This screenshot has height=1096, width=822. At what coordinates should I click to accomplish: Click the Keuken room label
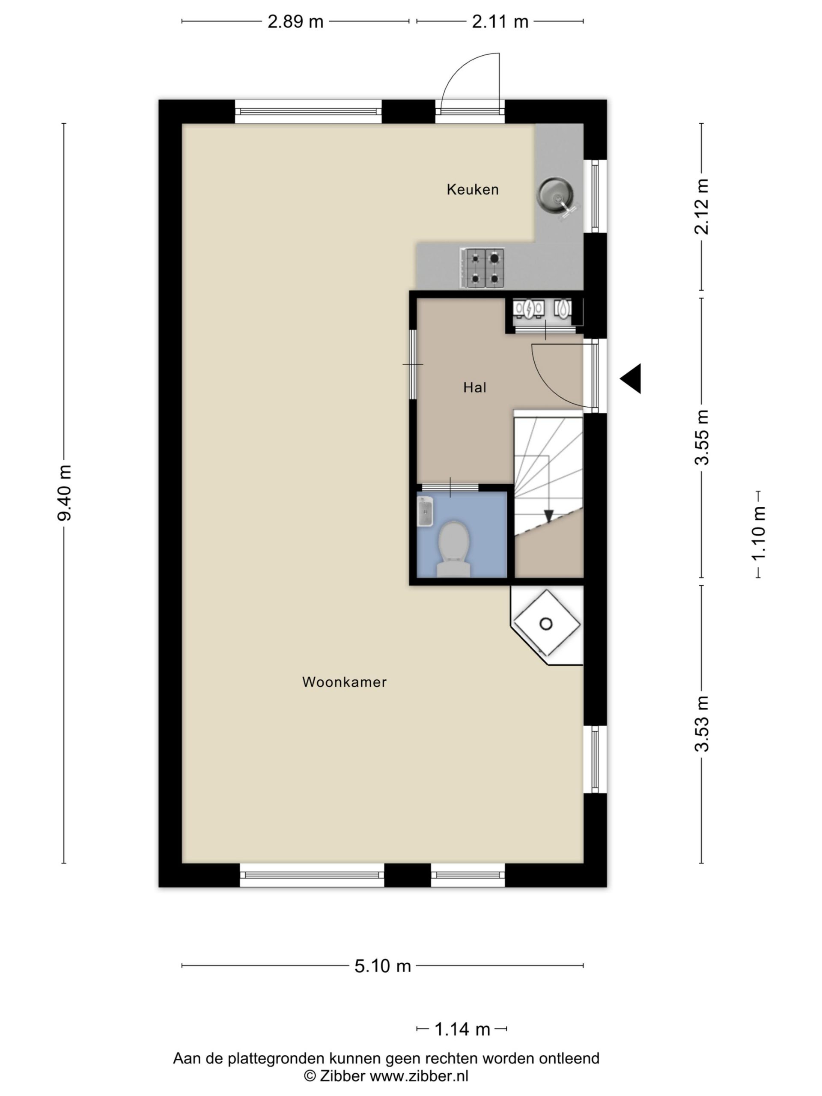point(472,189)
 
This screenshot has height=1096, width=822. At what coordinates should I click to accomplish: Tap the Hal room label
point(475,387)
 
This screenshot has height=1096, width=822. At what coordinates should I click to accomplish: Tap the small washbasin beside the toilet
point(425,511)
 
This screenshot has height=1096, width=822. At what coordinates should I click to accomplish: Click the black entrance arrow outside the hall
point(630,378)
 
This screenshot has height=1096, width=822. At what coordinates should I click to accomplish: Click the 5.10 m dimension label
point(382,966)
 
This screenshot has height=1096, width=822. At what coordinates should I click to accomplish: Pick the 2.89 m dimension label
point(295,22)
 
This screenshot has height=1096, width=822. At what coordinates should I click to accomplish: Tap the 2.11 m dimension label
point(500,22)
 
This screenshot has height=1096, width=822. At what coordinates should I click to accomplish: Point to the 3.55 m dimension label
point(702,438)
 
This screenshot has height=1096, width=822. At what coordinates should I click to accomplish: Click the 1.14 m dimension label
point(462,1030)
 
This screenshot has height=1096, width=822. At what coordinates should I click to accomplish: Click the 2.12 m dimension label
point(702,206)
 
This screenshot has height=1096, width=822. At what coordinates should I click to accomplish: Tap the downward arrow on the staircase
point(548,516)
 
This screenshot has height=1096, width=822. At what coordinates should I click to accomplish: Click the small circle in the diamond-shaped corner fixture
point(545,624)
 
